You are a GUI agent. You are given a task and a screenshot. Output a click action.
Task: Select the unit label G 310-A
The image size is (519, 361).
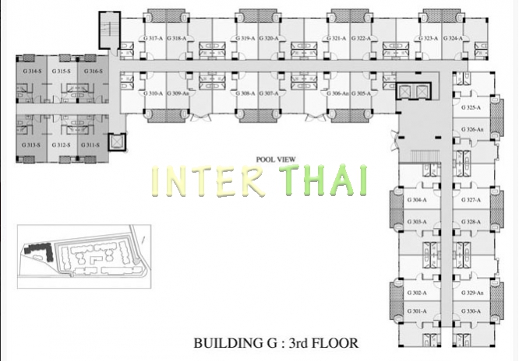point(152,93)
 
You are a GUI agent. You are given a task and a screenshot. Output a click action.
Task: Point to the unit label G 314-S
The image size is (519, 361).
point(32,71)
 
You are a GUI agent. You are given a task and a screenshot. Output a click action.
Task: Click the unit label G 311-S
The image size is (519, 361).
point(90,145)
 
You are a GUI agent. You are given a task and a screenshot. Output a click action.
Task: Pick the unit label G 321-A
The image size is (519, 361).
point(337,38)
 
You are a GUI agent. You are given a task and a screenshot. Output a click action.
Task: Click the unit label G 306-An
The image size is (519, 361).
point(338,93)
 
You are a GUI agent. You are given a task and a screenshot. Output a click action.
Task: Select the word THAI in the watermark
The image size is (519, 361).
point(327,180)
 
